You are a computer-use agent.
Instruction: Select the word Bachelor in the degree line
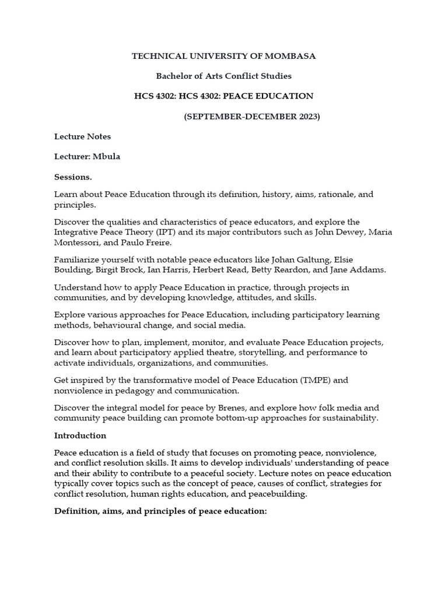[173, 76]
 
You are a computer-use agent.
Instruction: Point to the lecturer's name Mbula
[106, 156]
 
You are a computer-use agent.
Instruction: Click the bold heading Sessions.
[73, 176]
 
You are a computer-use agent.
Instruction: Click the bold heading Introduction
[80, 436]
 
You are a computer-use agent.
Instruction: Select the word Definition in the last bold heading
[76, 511]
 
